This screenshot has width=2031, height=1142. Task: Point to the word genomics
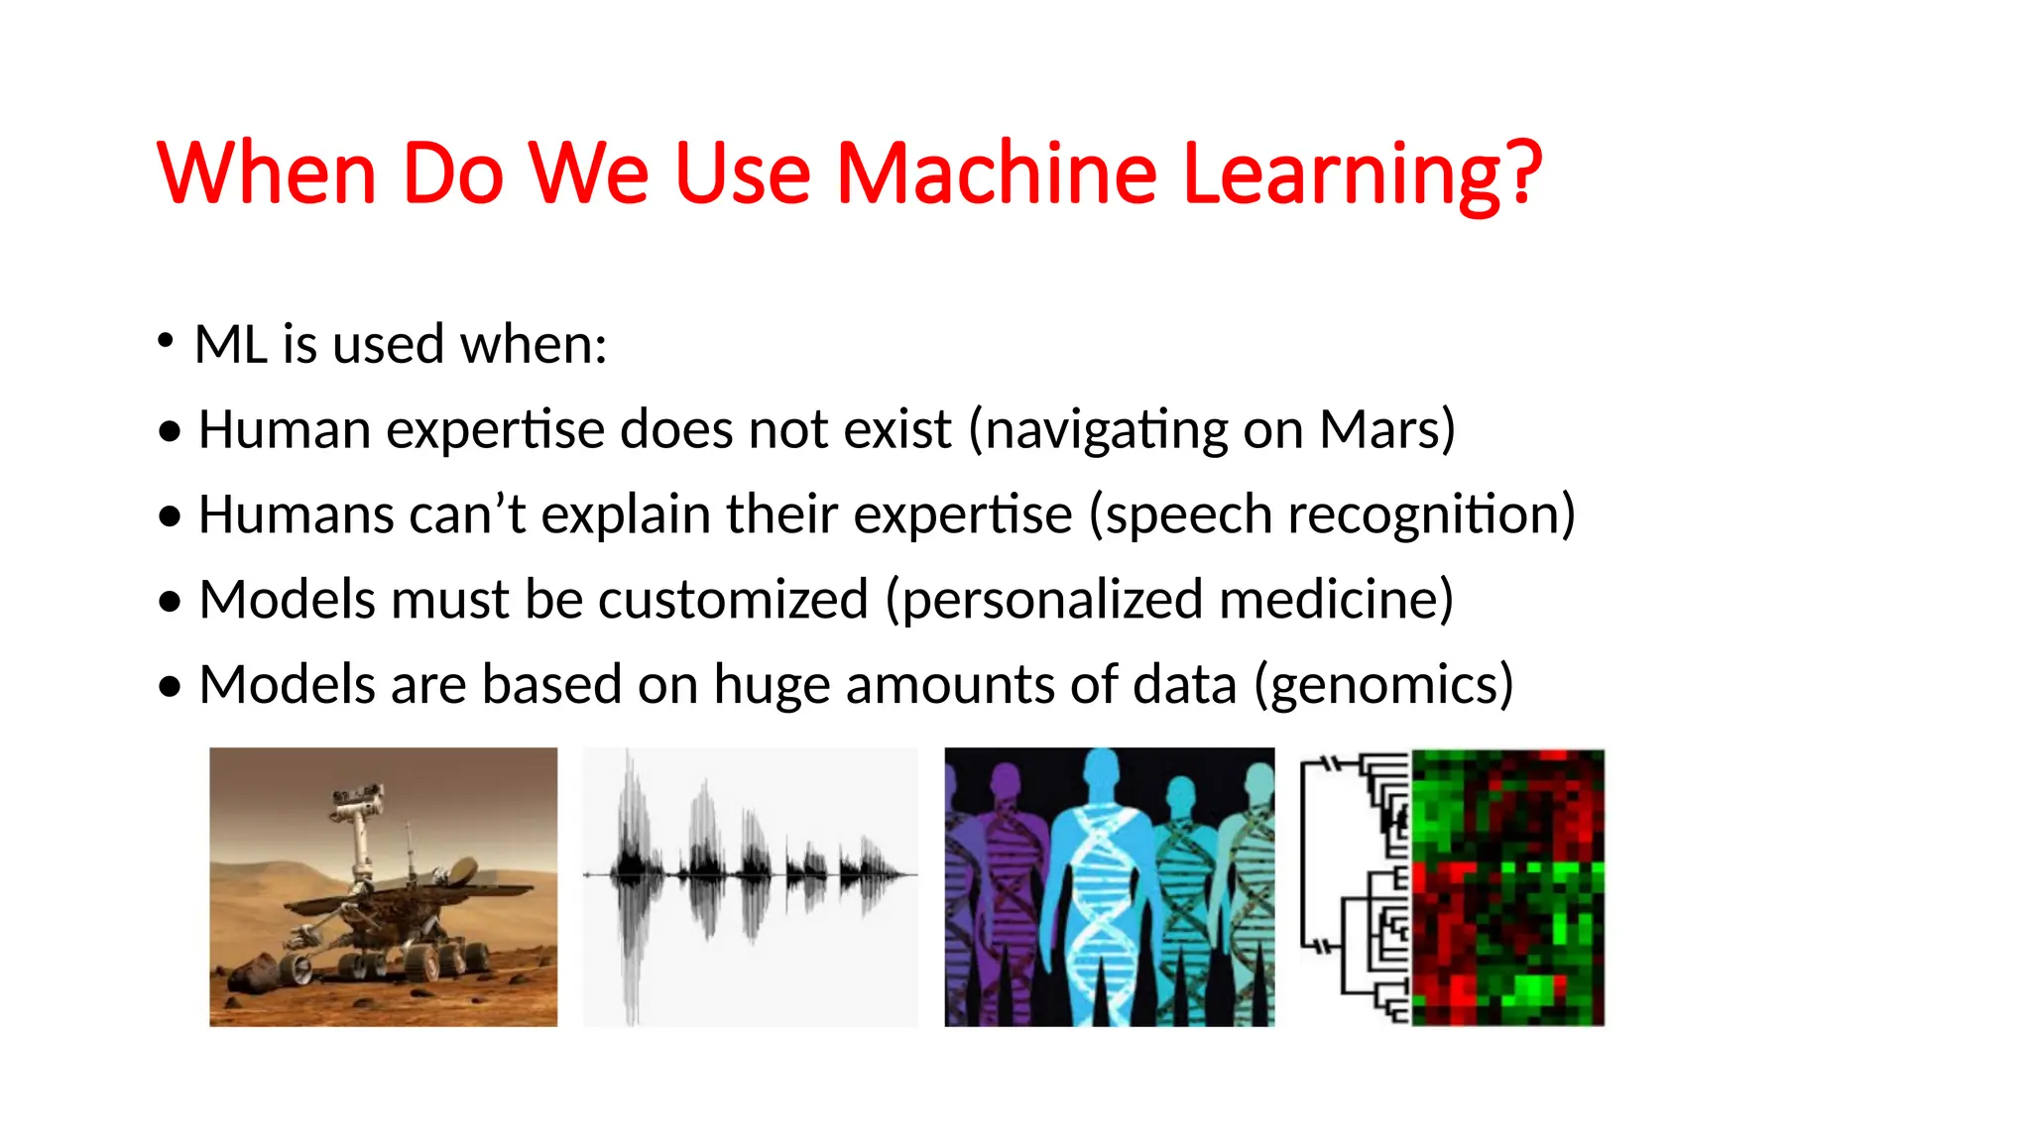coord(1382,686)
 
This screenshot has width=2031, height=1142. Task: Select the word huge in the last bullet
coord(771,686)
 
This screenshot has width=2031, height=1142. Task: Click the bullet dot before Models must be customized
coord(171,602)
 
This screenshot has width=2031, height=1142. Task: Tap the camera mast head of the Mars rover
coord(357,797)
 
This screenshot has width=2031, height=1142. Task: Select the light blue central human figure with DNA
coord(1101,882)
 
